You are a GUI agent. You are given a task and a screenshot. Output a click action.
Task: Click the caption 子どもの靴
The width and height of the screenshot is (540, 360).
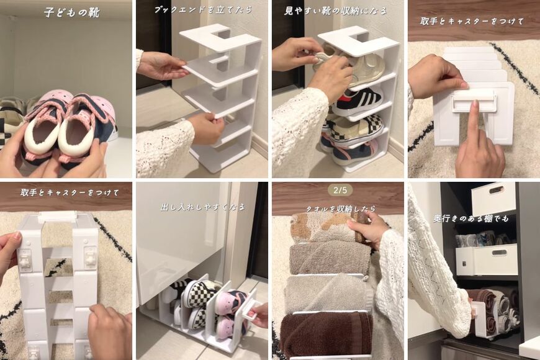pos(71,13)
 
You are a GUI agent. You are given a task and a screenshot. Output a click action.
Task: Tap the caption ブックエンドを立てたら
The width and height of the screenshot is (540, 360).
pos(203,10)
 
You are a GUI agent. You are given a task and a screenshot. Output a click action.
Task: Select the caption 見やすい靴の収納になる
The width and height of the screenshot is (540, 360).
pos(335,11)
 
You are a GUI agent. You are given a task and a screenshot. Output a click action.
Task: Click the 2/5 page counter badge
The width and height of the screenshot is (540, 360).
pos(340,190)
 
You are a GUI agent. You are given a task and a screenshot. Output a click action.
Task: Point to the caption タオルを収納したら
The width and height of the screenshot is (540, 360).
pos(341,209)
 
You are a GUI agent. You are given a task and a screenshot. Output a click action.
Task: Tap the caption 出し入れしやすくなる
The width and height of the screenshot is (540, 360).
pos(203,207)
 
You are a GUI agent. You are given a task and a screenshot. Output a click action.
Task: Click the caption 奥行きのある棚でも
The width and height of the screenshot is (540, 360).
pos(470,218)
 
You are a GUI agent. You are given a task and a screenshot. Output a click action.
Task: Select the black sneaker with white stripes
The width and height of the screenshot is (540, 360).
pos(358,101)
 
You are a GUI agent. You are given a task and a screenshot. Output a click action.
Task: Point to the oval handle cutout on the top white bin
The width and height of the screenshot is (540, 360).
pos(495,191)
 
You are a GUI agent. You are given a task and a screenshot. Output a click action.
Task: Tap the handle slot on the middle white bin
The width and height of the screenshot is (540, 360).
pos(500,253)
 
